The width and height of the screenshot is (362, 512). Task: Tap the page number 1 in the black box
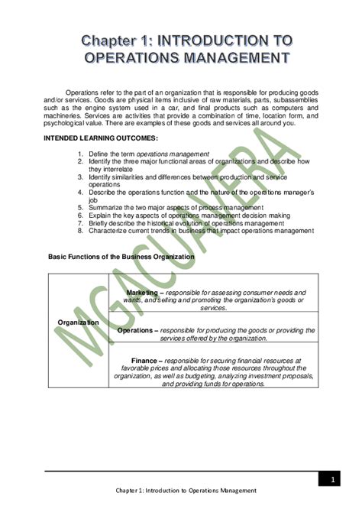click(x=333, y=479)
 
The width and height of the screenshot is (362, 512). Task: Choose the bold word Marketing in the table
click(x=142, y=293)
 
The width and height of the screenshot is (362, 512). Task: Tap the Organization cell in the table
click(x=78, y=322)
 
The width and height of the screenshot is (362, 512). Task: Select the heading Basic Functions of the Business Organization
click(x=121, y=257)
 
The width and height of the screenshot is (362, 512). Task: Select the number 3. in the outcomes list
click(x=80, y=177)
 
